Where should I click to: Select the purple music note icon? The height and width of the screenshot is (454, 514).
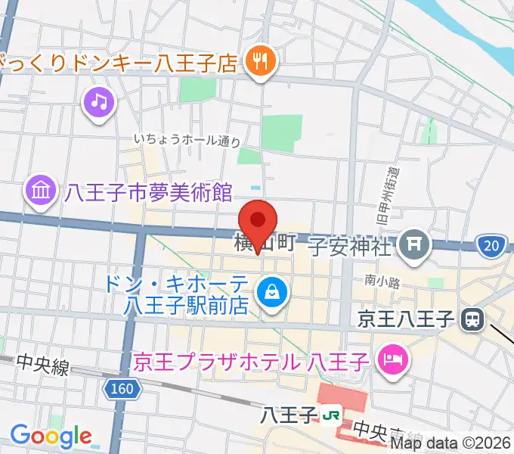pyautogui.click(x=99, y=101)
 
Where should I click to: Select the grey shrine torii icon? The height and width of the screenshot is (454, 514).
pyautogui.click(x=413, y=244)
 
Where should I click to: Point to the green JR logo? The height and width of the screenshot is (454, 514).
pyautogui.click(x=330, y=415)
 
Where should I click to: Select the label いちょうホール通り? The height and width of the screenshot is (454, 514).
pyautogui.click(x=187, y=140)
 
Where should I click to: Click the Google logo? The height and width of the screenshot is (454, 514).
pyautogui.click(x=51, y=435)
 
